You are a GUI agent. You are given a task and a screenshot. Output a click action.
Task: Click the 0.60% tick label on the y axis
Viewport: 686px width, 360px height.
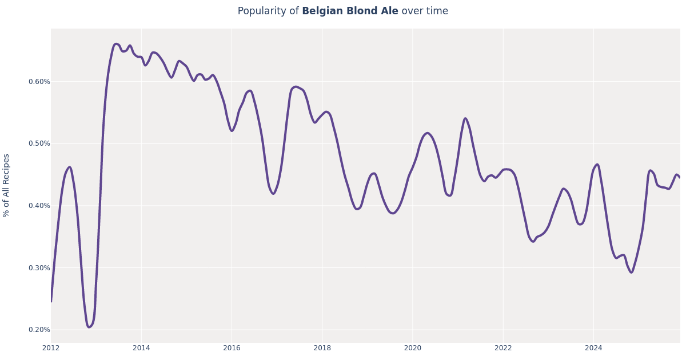(x=39, y=82)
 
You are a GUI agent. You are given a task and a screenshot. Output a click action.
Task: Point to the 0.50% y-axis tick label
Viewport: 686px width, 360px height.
(x=39, y=143)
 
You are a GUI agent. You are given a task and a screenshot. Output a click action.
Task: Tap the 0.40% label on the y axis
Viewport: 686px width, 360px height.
(x=39, y=206)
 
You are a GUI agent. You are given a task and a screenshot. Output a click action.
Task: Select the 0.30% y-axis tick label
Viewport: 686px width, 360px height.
(x=39, y=268)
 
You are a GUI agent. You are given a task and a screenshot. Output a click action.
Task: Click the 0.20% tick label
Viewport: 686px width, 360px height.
(x=39, y=330)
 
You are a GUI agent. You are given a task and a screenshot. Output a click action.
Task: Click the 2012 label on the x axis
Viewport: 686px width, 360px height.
(x=51, y=348)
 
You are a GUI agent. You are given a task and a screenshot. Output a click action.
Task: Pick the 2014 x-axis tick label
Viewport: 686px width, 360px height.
(x=141, y=348)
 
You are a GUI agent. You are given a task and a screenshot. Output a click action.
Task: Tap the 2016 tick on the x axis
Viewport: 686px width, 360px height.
(x=232, y=348)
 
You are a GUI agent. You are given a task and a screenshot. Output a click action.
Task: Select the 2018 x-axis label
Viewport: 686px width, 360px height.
(x=322, y=348)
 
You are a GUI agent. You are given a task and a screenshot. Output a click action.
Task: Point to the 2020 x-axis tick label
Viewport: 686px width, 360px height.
(x=412, y=348)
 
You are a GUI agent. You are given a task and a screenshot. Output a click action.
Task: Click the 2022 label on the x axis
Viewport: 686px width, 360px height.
(x=503, y=348)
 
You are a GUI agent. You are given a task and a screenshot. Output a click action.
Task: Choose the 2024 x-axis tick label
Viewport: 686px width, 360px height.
(x=593, y=348)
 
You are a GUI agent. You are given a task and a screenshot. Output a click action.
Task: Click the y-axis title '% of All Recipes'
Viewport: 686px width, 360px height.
(x=7, y=185)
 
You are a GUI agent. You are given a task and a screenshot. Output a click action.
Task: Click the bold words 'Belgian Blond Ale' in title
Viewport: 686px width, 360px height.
(x=350, y=11)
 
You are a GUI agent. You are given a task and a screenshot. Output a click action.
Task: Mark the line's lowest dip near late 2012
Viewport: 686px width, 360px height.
(x=89, y=327)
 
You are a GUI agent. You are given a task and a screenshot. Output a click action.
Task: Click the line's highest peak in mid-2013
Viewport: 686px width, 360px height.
(x=116, y=44)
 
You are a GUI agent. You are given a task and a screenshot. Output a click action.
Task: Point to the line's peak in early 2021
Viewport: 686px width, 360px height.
(x=465, y=119)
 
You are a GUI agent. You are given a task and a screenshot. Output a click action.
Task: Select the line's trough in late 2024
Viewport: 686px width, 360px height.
(x=631, y=272)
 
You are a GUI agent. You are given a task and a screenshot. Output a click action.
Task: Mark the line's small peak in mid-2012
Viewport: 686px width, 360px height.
(x=69, y=167)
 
